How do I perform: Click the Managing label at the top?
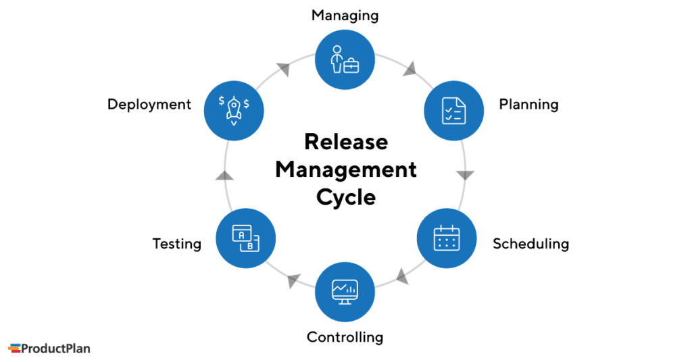click(345, 15)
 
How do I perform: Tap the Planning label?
click(528, 105)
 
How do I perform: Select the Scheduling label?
click(530, 244)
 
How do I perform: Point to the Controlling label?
click(345, 336)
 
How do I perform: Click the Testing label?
click(176, 244)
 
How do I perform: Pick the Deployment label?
click(149, 105)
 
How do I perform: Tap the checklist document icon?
click(453, 110)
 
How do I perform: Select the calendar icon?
click(447, 238)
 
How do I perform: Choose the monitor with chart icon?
click(345, 290)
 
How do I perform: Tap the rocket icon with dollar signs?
click(234, 110)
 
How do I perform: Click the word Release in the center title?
click(345, 142)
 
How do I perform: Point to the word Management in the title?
click(345, 170)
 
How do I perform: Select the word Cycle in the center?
click(345, 197)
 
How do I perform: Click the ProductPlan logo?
click(49, 348)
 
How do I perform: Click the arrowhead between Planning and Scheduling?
click(465, 175)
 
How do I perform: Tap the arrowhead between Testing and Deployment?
click(224, 176)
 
